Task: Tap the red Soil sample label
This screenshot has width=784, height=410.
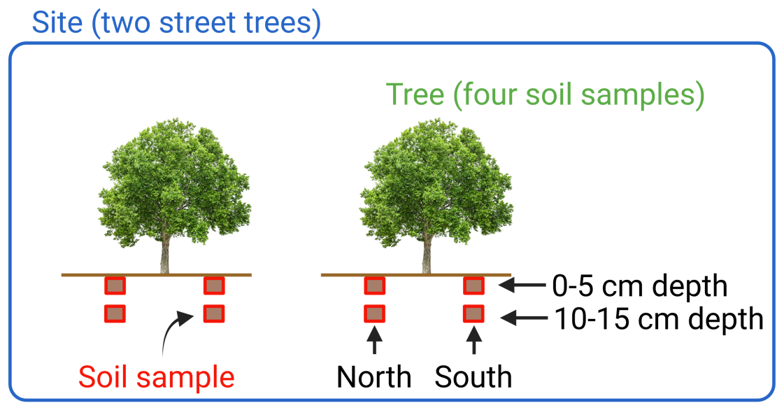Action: pyautogui.click(x=156, y=377)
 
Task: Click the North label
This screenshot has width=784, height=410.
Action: pyautogui.click(x=374, y=377)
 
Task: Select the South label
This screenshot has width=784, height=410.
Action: pyautogui.click(x=473, y=377)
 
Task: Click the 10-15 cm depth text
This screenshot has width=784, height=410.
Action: pyautogui.click(x=658, y=319)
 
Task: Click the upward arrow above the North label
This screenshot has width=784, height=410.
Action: pyautogui.click(x=375, y=343)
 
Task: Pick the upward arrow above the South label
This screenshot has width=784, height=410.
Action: pyautogui.click(x=474, y=343)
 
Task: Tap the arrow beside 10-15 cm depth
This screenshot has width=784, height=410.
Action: pyautogui.click(x=525, y=318)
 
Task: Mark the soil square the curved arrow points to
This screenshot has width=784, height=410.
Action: pyautogui.click(x=213, y=313)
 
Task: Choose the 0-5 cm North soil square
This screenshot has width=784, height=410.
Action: pyautogui.click(x=374, y=285)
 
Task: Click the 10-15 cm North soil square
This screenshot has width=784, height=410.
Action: pyautogui.click(x=374, y=313)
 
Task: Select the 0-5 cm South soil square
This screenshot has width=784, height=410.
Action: pyautogui.click(x=473, y=285)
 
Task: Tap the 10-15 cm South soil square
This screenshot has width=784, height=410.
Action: pyautogui.click(x=473, y=313)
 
